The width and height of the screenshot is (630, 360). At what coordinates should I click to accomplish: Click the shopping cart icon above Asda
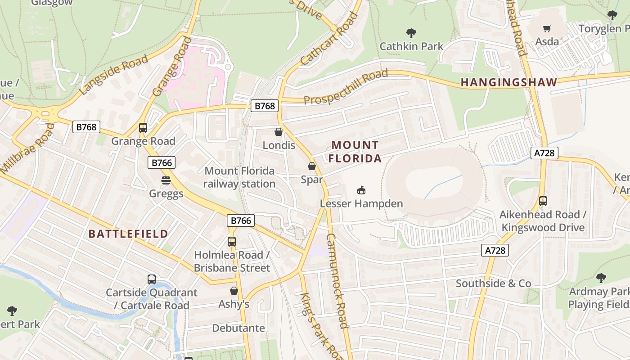[x=547, y=29]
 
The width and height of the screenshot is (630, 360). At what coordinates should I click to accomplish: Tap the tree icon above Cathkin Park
[x=411, y=33]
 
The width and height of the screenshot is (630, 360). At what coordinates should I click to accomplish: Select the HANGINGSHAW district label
[x=509, y=82]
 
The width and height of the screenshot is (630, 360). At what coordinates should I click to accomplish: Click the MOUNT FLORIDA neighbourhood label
[x=355, y=152]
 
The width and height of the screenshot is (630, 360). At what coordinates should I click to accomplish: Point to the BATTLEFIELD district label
[x=128, y=234]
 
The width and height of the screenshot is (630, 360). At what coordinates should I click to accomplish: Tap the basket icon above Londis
[x=279, y=132]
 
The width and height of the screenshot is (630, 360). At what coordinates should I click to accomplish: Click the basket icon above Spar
[x=311, y=166]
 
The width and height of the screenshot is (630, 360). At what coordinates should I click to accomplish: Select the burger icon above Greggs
[x=166, y=180]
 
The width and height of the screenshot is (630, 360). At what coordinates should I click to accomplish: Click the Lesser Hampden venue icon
[x=361, y=190]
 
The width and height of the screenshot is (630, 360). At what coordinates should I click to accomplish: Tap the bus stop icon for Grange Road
[x=143, y=128]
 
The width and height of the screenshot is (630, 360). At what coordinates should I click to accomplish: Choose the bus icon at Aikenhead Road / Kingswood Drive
[x=543, y=201]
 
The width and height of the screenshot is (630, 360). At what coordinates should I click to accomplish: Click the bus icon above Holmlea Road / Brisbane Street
[x=232, y=242]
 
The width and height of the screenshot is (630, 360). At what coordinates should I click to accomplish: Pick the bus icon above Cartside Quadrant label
[x=152, y=279]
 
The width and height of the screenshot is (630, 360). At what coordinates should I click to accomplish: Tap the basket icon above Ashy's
[x=234, y=291]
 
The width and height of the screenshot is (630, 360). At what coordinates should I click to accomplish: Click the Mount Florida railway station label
[x=239, y=177]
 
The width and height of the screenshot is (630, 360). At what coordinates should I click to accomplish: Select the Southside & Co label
[x=493, y=283]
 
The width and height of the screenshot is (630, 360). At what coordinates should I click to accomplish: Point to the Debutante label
[x=238, y=328]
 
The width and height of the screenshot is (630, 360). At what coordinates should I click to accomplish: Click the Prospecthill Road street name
[x=346, y=87]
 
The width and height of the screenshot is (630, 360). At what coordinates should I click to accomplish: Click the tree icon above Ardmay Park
[x=601, y=278]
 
